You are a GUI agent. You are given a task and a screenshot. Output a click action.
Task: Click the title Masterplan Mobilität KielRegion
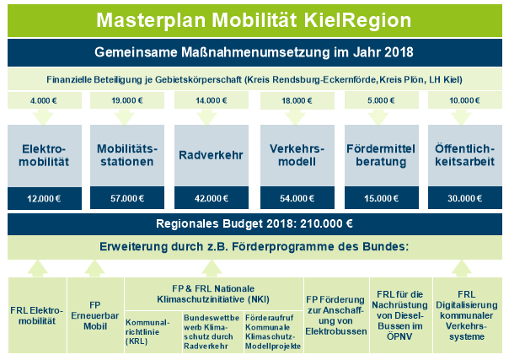(254, 20)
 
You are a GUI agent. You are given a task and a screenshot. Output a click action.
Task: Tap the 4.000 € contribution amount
(44, 100)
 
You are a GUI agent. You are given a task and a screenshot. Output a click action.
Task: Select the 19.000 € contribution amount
(127, 100)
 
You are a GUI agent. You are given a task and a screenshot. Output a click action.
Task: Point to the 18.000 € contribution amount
(297, 100)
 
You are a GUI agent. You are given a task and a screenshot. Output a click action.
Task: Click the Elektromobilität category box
(45, 155)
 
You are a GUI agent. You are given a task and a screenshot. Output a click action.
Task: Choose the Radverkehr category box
(212, 155)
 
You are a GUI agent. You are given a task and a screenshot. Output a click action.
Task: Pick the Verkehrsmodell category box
(297, 155)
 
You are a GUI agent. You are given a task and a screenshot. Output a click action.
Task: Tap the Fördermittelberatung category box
(382, 155)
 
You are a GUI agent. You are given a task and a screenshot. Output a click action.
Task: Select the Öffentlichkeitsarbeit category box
(465, 155)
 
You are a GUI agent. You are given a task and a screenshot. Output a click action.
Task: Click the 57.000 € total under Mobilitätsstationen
(127, 198)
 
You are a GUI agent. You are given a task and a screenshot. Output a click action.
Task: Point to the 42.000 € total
(212, 198)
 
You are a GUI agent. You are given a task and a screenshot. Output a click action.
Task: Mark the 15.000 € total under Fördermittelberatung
(381, 198)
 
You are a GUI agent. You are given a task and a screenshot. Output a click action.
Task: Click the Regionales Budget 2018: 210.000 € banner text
(254, 223)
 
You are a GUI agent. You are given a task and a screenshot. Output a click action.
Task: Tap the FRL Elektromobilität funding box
(37, 315)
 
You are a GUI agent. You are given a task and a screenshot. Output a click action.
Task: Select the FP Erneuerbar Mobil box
(95, 315)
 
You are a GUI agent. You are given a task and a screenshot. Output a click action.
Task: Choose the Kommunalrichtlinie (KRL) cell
(153, 332)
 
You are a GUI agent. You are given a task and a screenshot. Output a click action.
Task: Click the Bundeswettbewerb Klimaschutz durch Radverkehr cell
(212, 332)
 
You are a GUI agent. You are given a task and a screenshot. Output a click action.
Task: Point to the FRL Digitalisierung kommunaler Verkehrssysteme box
(468, 315)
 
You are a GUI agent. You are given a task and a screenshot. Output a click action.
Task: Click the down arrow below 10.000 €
(461, 117)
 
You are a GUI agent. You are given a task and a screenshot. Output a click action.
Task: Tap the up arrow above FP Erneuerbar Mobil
(94, 268)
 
